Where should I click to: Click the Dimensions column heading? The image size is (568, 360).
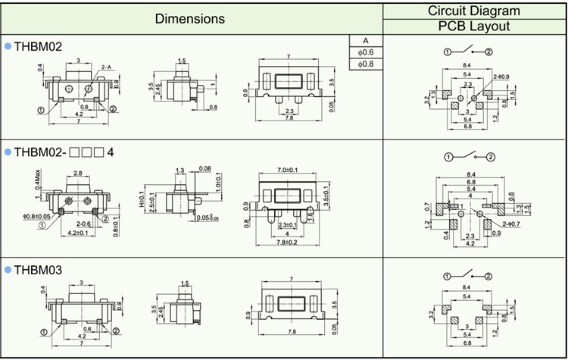190,17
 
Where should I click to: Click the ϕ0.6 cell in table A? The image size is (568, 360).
365,52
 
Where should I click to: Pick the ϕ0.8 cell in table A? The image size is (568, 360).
365,64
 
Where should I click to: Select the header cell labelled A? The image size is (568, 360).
365,40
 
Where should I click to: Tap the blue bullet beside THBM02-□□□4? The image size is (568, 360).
8,152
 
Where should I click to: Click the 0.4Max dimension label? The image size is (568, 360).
38,182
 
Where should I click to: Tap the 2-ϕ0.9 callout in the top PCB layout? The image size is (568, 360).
501,77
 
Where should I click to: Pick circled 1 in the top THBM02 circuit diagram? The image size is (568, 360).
448,52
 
